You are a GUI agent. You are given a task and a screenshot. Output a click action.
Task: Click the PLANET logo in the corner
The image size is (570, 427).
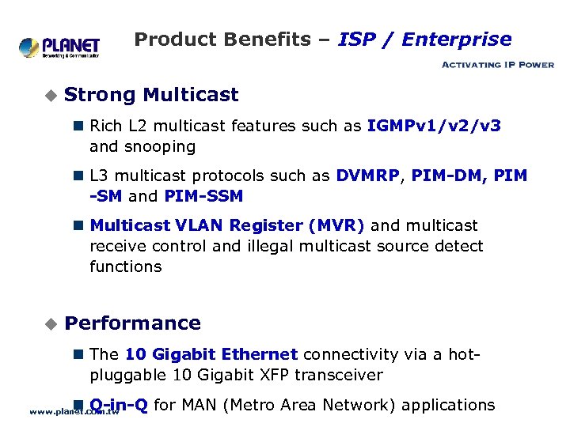pyautogui.click(x=59, y=47)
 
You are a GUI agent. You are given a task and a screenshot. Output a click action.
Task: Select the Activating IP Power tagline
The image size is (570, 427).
pyautogui.click(x=497, y=65)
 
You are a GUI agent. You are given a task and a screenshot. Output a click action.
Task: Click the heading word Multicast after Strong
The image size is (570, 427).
pyautogui.click(x=191, y=95)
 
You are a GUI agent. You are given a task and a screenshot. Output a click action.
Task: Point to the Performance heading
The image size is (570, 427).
pyautogui.click(x=132, y=323)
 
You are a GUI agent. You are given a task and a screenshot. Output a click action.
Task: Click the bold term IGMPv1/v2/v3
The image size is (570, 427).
pyautogui.click(x=434, y=126)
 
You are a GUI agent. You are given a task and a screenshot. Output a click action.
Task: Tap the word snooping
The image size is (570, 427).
pyautogui.click(x=165, y=146)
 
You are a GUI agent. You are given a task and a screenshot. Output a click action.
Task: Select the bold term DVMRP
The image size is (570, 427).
pyautogui.click(x=367, y=176)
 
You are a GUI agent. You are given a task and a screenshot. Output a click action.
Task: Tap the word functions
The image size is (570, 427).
pyautogui.click(x=126, y=266)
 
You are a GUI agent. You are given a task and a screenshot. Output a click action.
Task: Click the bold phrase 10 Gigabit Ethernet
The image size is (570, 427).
pyautogui.click(x=211, y=354)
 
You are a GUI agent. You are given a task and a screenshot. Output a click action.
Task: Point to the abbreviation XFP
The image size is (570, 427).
pyautogui.click(x=279, y=375)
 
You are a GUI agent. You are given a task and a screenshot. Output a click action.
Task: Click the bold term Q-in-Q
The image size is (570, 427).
pyautogui.click(x=119, y=406)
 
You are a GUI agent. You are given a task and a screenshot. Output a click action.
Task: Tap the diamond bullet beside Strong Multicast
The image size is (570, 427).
pyautogui.click(x=51, y=96)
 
